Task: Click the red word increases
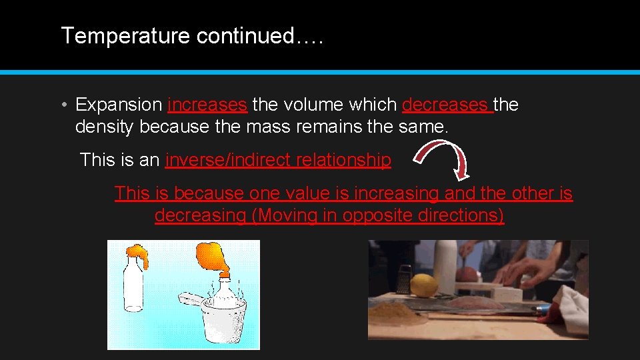(x=207, y=105)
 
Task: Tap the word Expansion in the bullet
(x=119, y=105)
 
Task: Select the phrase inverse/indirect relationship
(x=278, y=160)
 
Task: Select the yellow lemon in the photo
(x=424, y=285)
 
